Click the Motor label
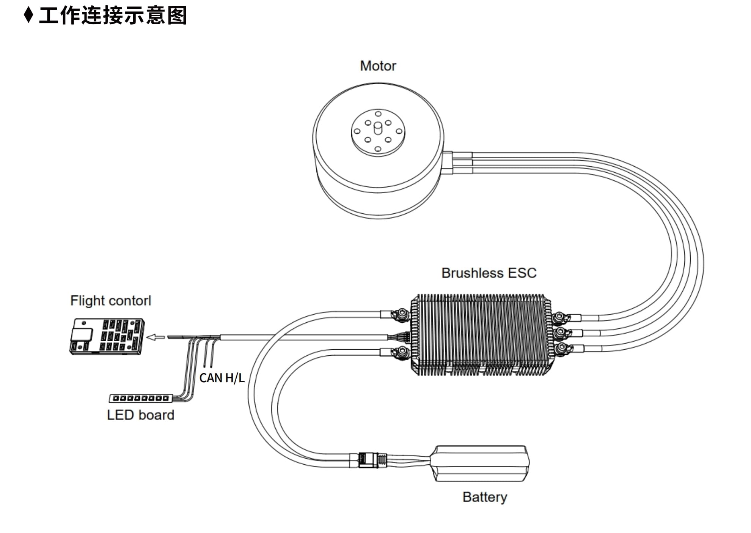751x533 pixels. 378,66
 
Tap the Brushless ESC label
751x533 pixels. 489,273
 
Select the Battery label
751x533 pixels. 485,497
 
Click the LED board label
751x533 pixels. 140,415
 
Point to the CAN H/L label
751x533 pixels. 222,378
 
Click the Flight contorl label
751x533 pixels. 111,301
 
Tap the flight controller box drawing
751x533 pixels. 107,336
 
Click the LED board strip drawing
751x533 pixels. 141,398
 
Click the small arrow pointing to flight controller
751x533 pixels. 156,337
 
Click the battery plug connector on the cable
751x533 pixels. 372,460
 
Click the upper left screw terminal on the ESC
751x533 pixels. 401,314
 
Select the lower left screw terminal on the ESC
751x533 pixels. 401,352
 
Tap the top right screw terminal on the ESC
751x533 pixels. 559,317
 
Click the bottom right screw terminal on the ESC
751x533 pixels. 559,348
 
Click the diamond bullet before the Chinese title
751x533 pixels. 28,15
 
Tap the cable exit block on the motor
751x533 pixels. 448,163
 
